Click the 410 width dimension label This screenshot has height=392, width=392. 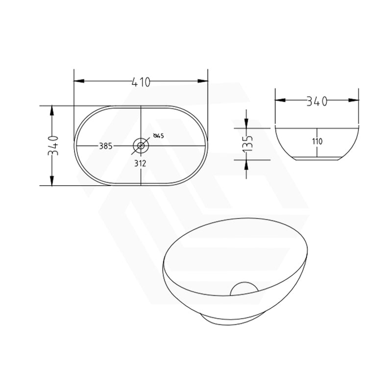pyautogui.click(x=140, y=82)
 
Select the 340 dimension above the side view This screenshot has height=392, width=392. pyautogui.click(x=317, y=101)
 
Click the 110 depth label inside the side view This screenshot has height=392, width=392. pyautogui.click(x=317, y=142)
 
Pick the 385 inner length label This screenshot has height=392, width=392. pyautogui.click(x=106, y=146)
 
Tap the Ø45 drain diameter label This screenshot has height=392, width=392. pyautogui.click(x=159, y=136)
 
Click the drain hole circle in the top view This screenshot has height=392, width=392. pyautogui.click(x=141, y=145)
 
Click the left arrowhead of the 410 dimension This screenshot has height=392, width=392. pyautogui.click(x=77, y=82)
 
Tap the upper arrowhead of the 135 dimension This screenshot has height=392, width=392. pyautogui.click(x=246, y=124)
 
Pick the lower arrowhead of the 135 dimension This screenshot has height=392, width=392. pyautogui.click(x=246, y=163)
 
